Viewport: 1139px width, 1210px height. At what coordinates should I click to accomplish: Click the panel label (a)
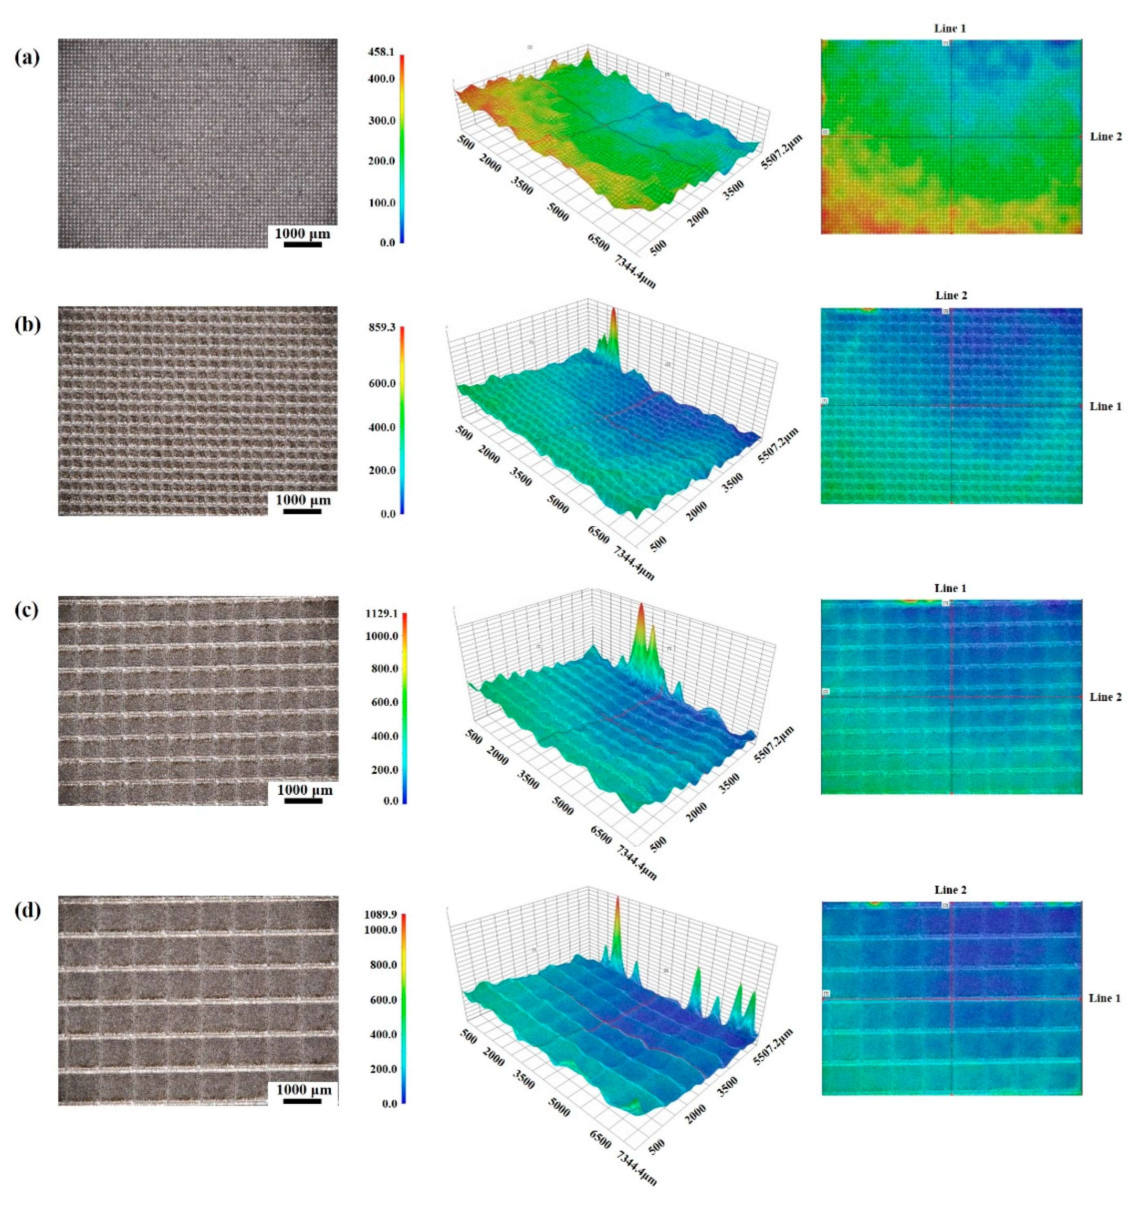27,58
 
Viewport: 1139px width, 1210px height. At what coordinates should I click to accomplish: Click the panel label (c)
27,610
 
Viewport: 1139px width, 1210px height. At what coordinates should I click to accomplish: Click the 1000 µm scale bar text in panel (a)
303,233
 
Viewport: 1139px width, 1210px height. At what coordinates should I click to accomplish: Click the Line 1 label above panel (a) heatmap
950,29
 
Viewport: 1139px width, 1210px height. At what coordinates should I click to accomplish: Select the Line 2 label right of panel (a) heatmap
1106,136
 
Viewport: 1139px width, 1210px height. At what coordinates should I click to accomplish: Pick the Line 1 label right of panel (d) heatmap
1104,998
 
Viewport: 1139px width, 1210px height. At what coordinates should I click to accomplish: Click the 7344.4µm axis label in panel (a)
636,271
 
